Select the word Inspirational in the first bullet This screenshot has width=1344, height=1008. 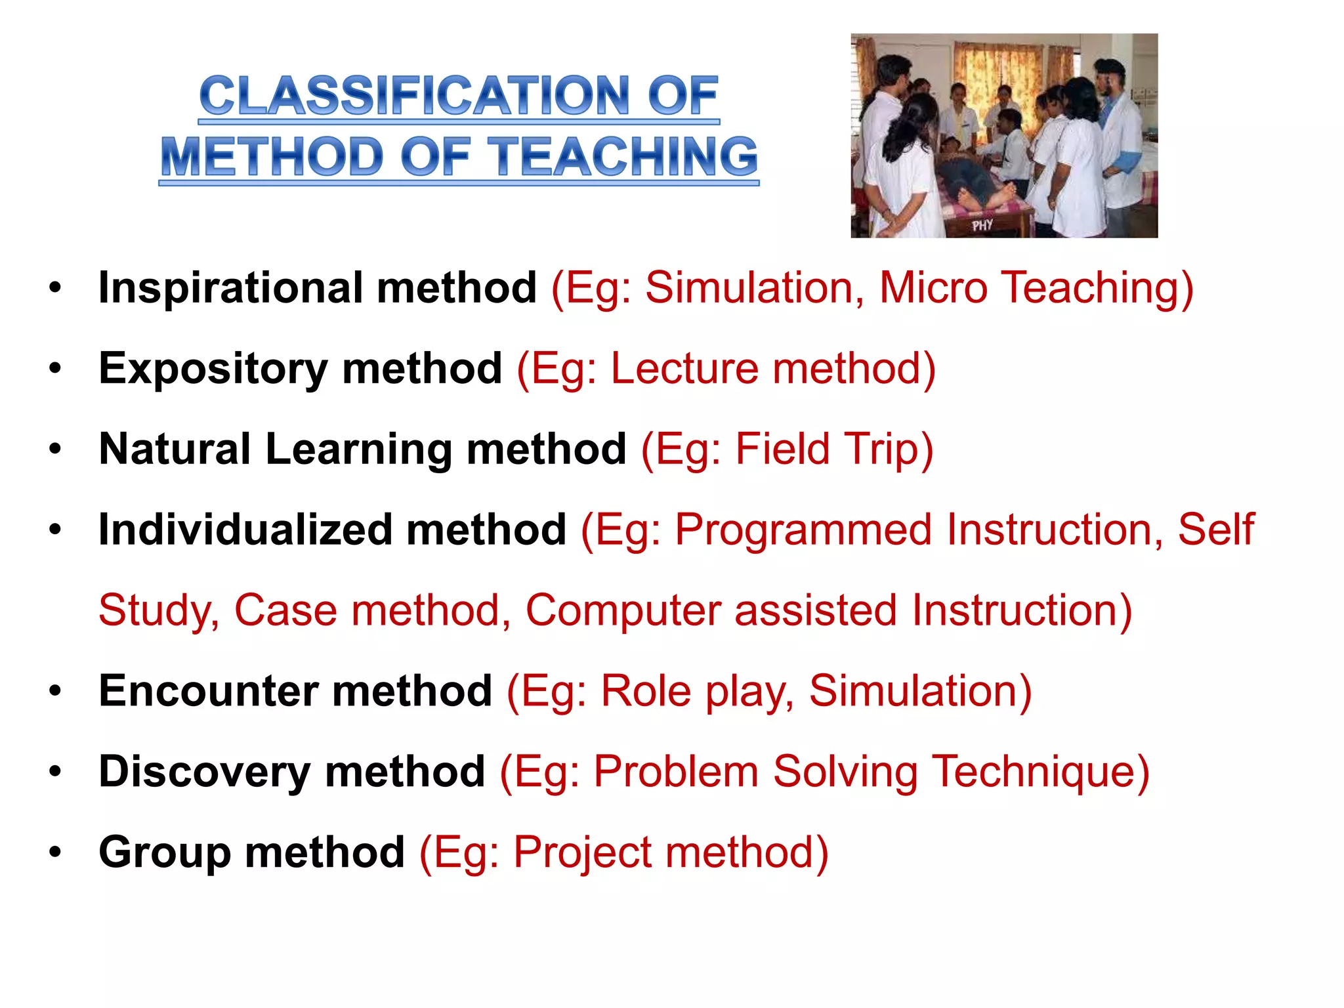pos(230,288)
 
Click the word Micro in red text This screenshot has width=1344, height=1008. pos(933,288)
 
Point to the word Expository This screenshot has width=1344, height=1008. pos(213,369)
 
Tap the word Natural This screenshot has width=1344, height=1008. pos(175,450)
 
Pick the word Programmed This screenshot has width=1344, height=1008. pos(803,530)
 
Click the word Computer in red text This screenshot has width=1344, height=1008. pos(623,611)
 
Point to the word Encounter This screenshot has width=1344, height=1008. pos(208,692)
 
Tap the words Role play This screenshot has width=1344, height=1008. pos(696,692)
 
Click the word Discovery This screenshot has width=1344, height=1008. pos(204,772)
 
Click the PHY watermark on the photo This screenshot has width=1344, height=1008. pos(982,226)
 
